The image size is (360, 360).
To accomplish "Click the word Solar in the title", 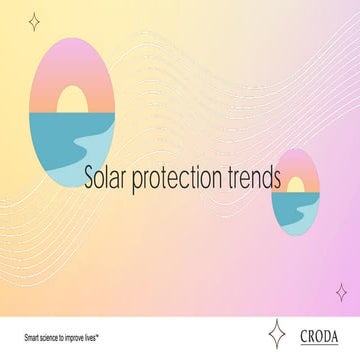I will pyautogui.click(x=107, y=180).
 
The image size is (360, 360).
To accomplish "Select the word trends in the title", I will pyautogui.click(x=253, y=180).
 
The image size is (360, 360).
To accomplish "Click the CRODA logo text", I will pyautogui.click(x=318, y=335).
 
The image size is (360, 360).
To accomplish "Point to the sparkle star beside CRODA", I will pyautogui.click(x=277, y=334).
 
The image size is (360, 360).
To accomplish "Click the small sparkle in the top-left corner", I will pyautogui.click(x=34, y=21).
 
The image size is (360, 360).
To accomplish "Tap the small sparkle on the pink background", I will pyautogui.click(x=341, y=291).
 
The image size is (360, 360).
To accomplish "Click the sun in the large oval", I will pyautogui.click(x=72, y=101).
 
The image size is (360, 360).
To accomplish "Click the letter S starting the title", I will pyautogui.click(x=90, y=180).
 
